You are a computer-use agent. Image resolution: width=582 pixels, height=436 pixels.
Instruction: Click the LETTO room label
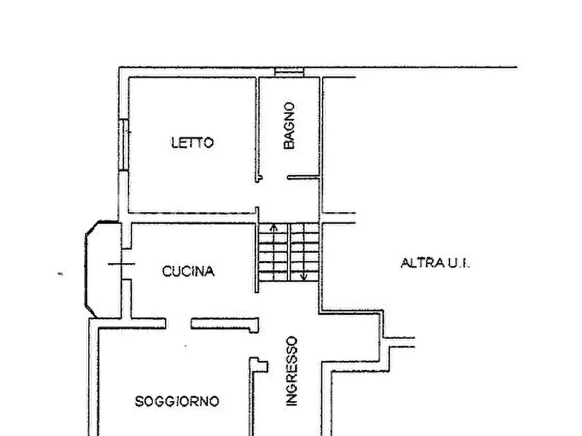tap(192, 143)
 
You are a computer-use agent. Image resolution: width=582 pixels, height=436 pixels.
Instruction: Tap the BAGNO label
tap(289, 126)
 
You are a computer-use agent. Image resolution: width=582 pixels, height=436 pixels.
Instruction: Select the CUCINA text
tap(188, 271)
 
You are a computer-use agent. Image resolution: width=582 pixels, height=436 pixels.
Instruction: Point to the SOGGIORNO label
tap(177, 401)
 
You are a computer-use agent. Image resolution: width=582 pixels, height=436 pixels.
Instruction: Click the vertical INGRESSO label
tap(292, 371)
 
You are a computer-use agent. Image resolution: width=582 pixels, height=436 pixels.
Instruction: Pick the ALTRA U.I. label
tap(435, 264)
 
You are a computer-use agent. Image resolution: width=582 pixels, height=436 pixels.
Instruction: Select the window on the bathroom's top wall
tap(289, 72)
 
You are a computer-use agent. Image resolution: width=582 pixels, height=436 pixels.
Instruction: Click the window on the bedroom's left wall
tap(124, 144)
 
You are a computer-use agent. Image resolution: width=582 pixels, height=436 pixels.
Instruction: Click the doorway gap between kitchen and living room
tap(178, 323)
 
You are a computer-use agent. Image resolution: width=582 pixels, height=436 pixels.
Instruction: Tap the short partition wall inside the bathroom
tap(303, 178)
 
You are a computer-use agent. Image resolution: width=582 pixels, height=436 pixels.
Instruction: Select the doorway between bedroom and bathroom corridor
tap(257, 194)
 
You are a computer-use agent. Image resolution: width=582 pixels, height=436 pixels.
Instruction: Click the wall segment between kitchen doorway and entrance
tap(225, 324)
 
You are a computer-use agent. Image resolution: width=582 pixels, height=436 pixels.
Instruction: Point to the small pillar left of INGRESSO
tap(259, 365)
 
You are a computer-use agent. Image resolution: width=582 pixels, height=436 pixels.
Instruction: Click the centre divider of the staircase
tap(289, 252)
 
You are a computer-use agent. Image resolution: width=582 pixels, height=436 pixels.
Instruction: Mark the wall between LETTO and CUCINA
tap(192, 219)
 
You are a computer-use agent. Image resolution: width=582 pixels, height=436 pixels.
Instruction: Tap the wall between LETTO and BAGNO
tap(257, 129)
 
